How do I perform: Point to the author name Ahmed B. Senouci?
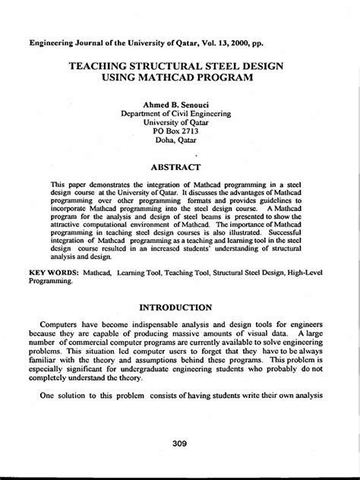click(x=180, y=104)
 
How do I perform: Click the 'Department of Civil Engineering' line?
click(x=180, y=115)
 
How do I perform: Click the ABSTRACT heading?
click(x=180, y=166)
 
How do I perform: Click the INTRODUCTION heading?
click(x=180, y=308)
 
